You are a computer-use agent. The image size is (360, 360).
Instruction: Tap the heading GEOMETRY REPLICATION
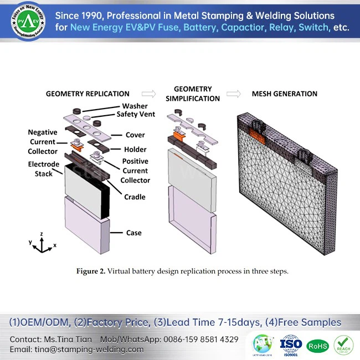[88, 94]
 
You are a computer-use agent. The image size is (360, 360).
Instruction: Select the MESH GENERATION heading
[284, 94]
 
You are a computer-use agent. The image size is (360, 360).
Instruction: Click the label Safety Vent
[136, 115]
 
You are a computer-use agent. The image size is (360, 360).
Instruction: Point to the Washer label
[135, 106]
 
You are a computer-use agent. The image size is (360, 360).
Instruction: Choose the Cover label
[135, 135]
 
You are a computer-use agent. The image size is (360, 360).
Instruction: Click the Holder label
[135, 149]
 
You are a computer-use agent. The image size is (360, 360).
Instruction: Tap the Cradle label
[135, 197]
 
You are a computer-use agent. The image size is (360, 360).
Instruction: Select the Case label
[133, 233]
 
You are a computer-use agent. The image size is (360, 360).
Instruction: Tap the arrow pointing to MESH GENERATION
[234, 94]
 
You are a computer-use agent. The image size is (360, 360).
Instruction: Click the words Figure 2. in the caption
[90, 271]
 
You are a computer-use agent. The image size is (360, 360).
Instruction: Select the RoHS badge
[317, 346]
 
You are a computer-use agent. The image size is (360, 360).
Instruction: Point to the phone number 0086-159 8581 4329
[201, 339]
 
